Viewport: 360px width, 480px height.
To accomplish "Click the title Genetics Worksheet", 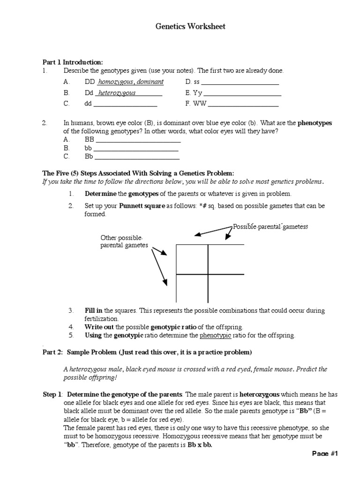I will [x=190, y=27].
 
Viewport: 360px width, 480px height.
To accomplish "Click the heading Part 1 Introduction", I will [x=73, y=62].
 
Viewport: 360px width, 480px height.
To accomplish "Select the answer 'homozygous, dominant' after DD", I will [x=131, y=82].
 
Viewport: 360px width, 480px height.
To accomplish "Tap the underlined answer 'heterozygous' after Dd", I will [x=117, y=93].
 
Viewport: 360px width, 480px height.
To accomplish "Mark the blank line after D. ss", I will [x=240, y=84].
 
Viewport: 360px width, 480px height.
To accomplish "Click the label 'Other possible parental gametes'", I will [x=124, y=241].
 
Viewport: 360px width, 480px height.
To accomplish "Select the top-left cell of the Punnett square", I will [x=192, y=259].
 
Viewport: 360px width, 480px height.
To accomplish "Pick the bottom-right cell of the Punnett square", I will [x=225, y=288].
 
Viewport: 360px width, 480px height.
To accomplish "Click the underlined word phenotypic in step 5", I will [x=215, y=335].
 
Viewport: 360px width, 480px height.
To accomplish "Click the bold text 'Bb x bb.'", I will [x=200, y=445].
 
